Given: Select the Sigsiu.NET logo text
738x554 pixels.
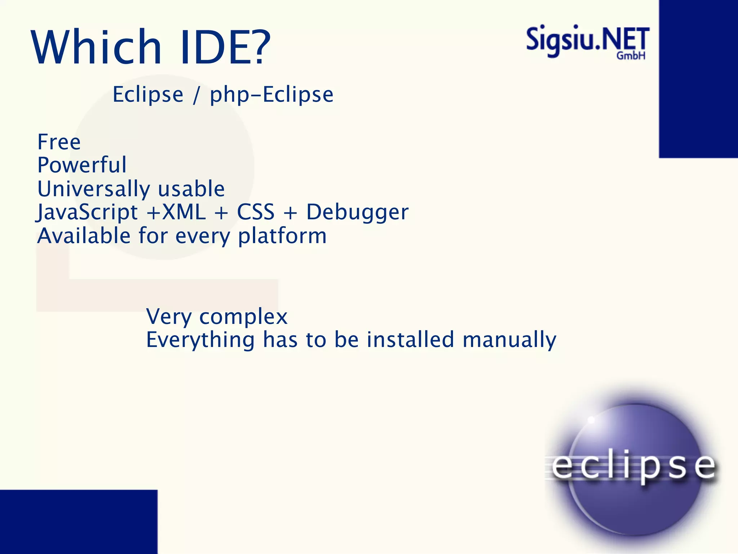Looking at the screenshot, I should point(587,40).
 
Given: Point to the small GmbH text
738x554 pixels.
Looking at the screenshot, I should point(631,56).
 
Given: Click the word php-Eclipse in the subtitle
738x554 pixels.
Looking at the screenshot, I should point(272,95).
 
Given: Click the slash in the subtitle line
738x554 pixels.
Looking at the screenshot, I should point(196,95).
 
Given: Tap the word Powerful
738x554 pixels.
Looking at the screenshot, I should point(82,165).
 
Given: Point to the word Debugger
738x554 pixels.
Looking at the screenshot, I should point(357,212).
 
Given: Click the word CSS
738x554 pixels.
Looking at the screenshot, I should point(255,212).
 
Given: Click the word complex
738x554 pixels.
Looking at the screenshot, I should point(243,317).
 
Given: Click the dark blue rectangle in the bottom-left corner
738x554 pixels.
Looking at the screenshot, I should point(79,522).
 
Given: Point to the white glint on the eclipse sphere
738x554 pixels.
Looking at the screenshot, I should point(591,420).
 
